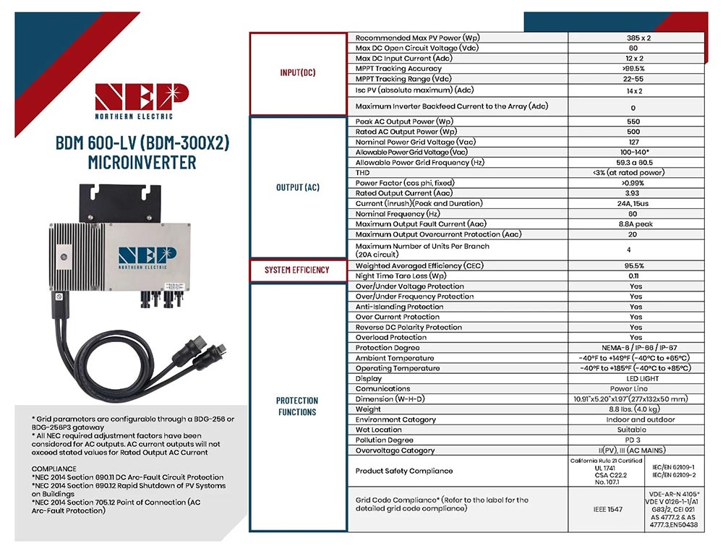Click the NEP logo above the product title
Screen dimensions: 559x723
(142, 98)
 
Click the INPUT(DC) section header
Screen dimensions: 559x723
(298, 73)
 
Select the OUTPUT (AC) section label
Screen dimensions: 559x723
(298, 187)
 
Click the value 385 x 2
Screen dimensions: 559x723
(636, 38)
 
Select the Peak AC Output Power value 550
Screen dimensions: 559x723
(636, 122)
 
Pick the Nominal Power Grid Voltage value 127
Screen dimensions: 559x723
(636, 142)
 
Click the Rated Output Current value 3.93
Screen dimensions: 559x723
(636, 194)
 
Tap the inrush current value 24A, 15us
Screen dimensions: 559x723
(636, 204)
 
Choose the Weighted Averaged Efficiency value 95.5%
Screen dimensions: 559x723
(636, 266)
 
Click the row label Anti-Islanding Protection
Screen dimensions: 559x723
(399, 307)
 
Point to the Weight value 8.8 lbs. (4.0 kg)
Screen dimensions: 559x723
(636, 409)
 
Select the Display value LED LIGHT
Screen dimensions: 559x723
(636, 378)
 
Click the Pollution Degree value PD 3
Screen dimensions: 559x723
(636, 440)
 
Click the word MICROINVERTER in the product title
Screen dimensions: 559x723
(142, 162)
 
